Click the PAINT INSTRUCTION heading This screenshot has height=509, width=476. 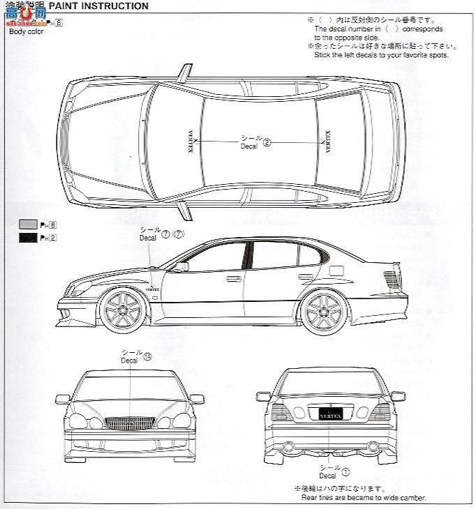(99, 6)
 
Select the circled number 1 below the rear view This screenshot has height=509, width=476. (345, 471)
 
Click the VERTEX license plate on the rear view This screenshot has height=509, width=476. (330, 412)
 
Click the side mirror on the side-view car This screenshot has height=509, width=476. (182, 266)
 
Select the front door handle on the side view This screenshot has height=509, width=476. (233, 279)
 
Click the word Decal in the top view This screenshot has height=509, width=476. (249, 146)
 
